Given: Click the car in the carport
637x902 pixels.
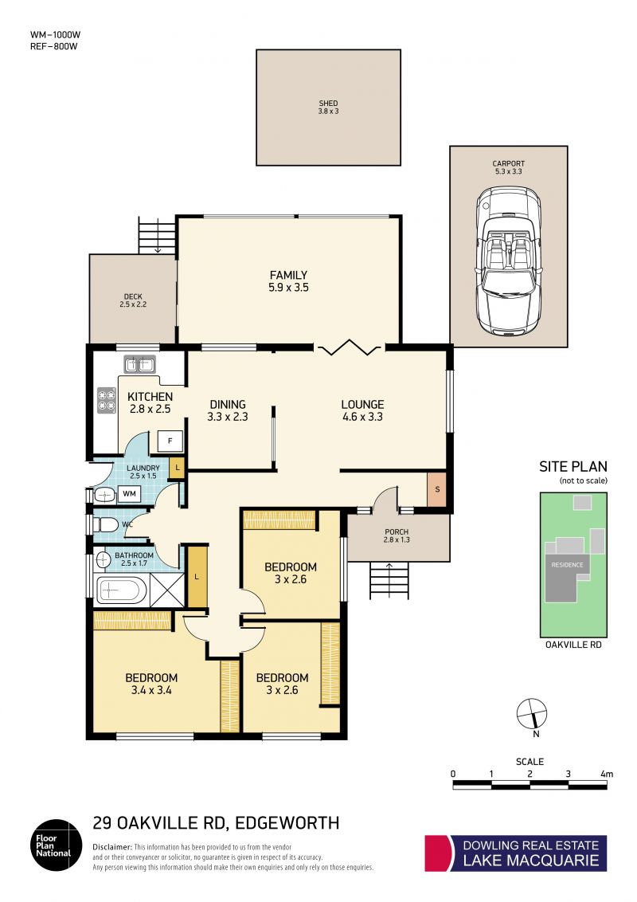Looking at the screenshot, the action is [x=508, y=261].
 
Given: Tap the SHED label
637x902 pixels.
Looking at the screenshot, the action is [x=328, y=104].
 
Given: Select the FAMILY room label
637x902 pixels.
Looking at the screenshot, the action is [x=288, y=275].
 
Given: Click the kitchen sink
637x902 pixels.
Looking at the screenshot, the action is [x=139, y=364].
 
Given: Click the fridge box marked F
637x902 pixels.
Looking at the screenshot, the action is [x=170, y=441].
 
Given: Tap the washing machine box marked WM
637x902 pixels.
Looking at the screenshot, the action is [x=129, y=493].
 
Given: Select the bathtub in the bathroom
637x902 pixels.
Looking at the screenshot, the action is [x=119, y=590].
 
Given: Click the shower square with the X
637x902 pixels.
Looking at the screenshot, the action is [x=167, y=590].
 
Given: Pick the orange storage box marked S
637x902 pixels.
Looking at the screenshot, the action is [x=437, y=489].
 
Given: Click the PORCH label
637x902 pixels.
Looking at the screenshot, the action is [x=397, y=531].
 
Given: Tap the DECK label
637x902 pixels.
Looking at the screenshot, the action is [x=134, y=297].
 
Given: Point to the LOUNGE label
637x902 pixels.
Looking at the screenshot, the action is [x=363, y=405].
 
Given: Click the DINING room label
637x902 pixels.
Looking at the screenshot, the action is [x=228, y=405].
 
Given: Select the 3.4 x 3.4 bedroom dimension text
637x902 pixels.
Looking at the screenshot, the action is [x=151, y=690].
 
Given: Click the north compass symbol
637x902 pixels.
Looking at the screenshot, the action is [x=532, y=714].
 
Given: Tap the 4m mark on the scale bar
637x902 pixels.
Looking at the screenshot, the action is [x=607, y=774].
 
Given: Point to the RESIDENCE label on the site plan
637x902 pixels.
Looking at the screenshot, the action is [x=568, y=565].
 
